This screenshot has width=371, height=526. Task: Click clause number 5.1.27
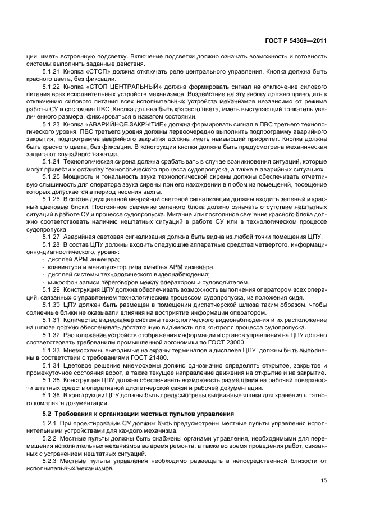pyautogui.click(x=52, y=237)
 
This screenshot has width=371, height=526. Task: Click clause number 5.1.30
pyautogui.click(x=52, y=304)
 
